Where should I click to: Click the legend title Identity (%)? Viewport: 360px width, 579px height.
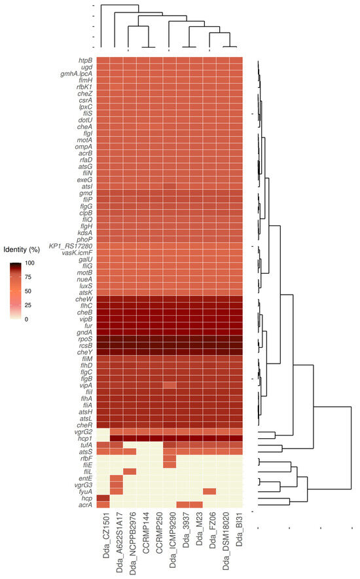23,250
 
